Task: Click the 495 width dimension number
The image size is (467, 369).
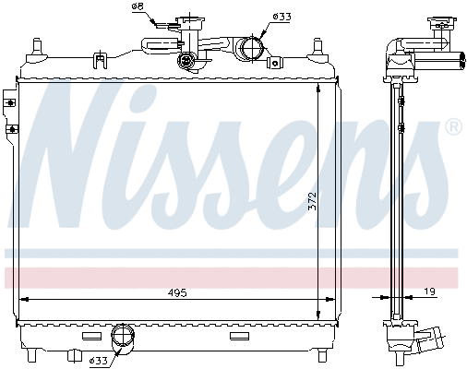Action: tap(178, 292)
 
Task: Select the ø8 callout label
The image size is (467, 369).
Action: tap(138, 7)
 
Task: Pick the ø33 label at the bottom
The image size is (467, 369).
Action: tap(98, 359)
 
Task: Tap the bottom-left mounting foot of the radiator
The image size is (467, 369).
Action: tap(35, 354)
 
